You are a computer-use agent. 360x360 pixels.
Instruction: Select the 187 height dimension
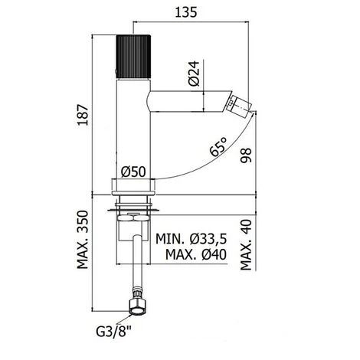pyautogui.click(x=91, y=119)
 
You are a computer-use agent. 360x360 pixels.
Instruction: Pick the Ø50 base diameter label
pyautogui.click(x=133, y=173)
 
